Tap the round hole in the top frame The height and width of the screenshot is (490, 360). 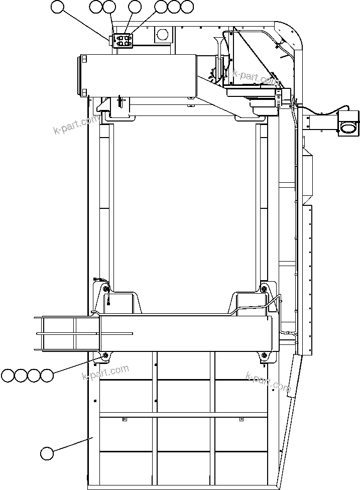click(x=162, y=34)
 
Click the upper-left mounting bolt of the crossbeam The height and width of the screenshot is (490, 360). click(x=105, y=289)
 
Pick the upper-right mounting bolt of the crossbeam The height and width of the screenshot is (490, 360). click(x=264, y=288)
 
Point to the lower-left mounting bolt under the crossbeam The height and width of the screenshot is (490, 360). click(x=105, y=356)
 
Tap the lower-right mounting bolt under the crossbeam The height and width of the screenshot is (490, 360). click(x=264, y=356)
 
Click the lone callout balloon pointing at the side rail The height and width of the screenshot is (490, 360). click(x=47, y=453)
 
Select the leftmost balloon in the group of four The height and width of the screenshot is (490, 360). click(x=8, y=375)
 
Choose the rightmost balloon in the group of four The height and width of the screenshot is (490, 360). click(x=47, y=375)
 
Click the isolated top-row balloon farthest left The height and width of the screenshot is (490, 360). click(x=58, y=7)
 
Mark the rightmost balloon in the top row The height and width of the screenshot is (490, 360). click(x=187, y=7)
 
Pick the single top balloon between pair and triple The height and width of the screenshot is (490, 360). click(x=135, y=7)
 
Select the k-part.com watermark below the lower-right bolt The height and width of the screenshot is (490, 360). click(x=269, y=382)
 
